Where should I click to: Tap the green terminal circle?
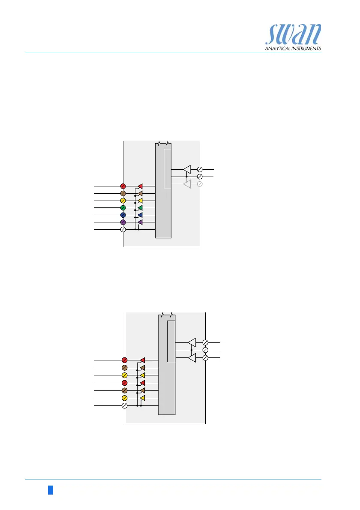123,208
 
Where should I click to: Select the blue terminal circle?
123,215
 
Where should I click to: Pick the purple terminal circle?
123,222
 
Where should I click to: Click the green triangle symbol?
140,208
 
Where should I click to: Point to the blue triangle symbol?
140,215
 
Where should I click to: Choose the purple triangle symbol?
140,222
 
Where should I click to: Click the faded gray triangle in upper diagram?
187,184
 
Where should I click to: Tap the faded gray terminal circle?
200,184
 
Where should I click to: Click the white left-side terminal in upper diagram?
123,230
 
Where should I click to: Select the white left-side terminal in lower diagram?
125,405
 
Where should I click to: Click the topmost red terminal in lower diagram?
125,360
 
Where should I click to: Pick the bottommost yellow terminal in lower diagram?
125,398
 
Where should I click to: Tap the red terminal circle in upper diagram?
123,186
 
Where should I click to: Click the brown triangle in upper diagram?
140,194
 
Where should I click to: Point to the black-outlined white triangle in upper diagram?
187,169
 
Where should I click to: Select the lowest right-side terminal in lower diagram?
205,357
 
